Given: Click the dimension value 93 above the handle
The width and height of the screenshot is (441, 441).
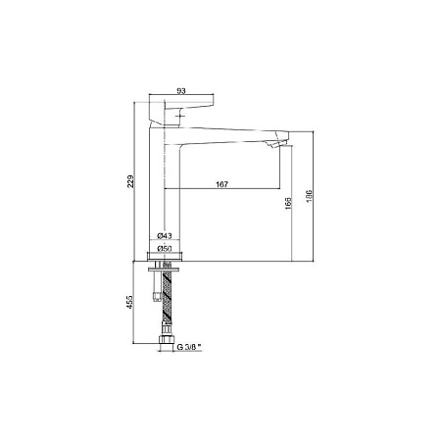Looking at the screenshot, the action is (181, 91).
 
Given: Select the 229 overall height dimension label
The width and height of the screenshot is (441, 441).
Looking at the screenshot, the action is (130, 181).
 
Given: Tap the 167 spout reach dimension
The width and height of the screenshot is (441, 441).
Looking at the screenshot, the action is (222, 184).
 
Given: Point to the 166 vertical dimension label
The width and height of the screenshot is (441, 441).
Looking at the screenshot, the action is (288, 203).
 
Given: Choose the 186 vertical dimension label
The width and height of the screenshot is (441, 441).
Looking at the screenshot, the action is (309, 196).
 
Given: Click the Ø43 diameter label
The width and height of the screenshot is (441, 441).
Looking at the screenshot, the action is (165, 235).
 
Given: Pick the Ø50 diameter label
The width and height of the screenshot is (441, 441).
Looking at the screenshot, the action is (165, 249).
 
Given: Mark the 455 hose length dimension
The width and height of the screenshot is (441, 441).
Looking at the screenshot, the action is (130, 302).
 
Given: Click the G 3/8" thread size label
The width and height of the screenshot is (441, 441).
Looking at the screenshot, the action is (189, 347).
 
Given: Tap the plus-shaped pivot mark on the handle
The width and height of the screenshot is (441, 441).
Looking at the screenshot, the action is (180, 117).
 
